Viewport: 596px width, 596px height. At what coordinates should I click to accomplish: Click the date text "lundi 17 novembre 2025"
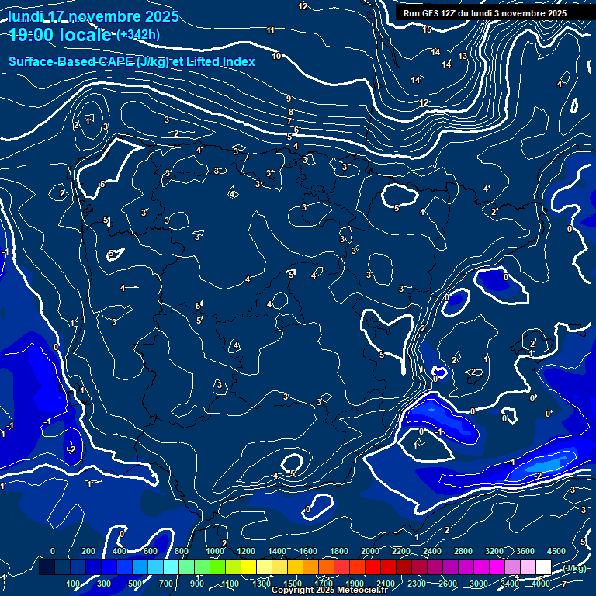pos(93,16)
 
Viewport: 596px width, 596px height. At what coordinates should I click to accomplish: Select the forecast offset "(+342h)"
pos(138,34)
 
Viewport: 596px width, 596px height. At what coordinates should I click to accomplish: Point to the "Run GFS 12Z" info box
pos(484,12)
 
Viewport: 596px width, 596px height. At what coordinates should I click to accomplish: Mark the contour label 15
pos(428,29)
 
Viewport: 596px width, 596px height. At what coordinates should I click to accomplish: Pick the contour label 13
pos(463,57)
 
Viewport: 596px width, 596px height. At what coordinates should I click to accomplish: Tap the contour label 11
pos(270,31)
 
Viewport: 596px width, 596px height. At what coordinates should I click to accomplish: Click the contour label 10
pos(276,56)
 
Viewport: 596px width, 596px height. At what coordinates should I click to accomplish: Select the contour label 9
pos(289,99)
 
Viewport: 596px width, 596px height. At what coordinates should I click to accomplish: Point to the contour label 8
pos(291,112)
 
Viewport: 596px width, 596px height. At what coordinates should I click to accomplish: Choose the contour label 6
pos(296,130)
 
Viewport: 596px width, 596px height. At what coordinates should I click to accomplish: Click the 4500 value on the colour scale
pos(556,550)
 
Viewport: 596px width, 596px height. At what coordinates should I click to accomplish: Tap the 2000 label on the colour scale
pos(370,550)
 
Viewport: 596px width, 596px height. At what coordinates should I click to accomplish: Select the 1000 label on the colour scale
pos(215,550)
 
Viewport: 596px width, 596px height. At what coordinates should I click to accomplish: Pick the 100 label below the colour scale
pos(74,584)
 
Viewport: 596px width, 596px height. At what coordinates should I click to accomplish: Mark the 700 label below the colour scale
pos(166,584)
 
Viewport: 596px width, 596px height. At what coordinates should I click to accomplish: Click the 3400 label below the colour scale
pos(510,584)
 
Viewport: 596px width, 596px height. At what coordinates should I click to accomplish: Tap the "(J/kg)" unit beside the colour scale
pos(574,569)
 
